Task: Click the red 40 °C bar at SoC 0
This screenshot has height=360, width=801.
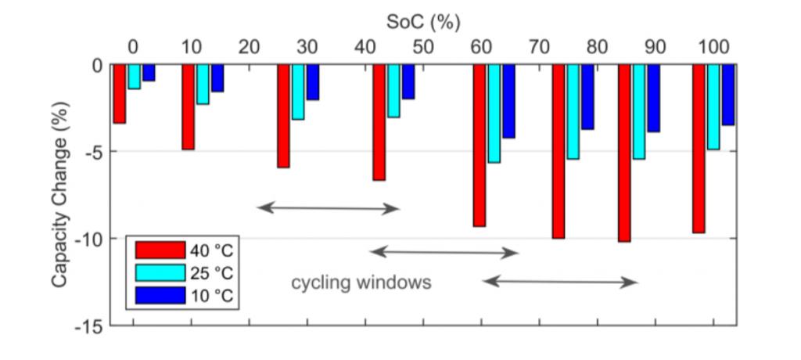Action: [119, 94]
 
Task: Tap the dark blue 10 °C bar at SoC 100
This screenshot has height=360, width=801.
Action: [727, 95]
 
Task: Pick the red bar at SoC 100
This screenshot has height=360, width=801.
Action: [699, 148]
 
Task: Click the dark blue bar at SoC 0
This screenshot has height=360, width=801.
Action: [149, 73]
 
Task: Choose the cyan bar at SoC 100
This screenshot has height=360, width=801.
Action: [713, 106]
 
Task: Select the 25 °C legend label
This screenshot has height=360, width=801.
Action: [212, 273]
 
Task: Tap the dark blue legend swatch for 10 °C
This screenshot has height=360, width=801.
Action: [160, 295]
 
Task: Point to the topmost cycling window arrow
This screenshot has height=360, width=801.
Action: [329, 208]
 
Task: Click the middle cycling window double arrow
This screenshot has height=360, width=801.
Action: [444, 252]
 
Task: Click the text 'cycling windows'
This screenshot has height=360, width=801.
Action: [361, 283]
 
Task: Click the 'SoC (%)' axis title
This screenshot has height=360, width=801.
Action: [422, 21]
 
